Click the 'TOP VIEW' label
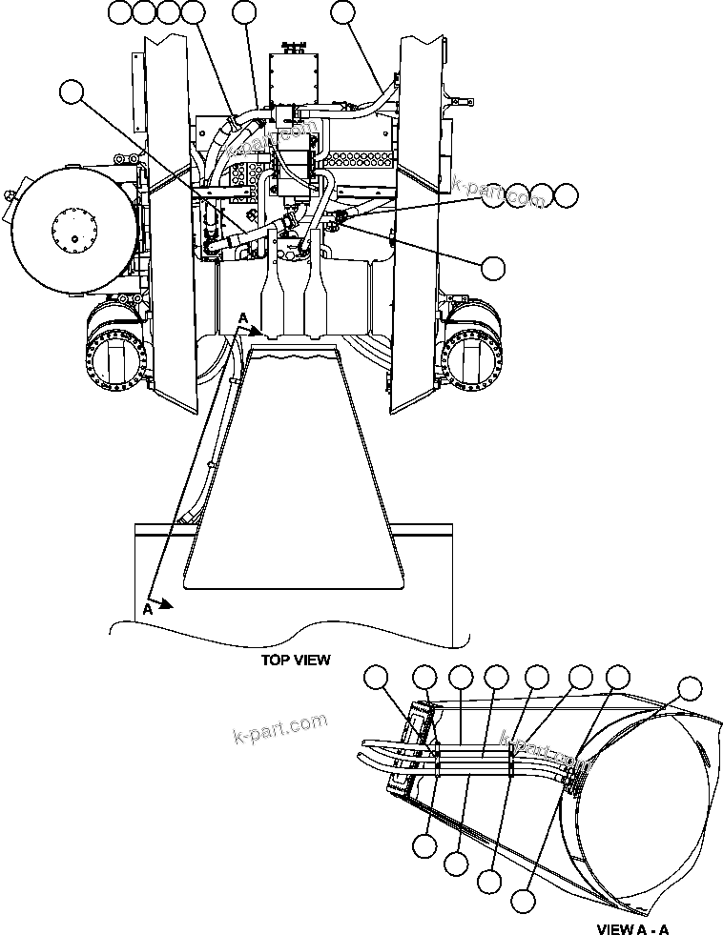coord(296,660)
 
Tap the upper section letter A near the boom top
coord(243,317)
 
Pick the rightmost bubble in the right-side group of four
coord(567,196)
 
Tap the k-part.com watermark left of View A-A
coord(280,729)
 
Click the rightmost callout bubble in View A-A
coord(689,689)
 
